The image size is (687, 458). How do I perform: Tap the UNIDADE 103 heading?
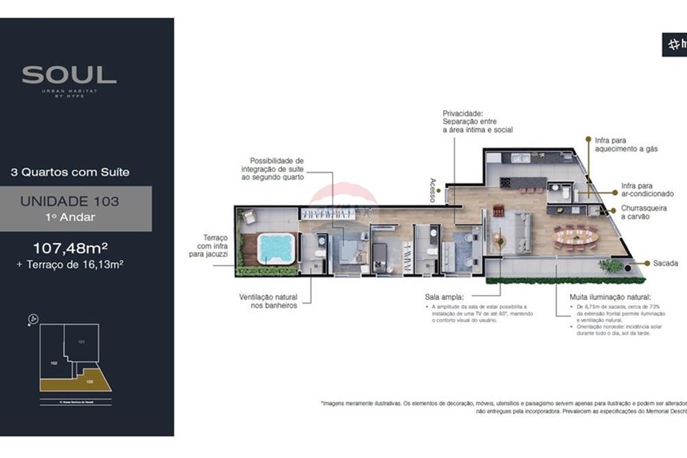(69, 201)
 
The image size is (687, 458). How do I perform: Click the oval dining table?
(576, 238)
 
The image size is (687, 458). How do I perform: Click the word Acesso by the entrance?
(433, 190)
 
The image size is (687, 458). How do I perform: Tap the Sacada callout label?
(666, 263)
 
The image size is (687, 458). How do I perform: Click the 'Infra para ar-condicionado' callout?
(647, 190)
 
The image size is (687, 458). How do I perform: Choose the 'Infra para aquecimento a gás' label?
(627, 144)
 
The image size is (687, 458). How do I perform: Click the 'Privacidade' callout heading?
(462, 113)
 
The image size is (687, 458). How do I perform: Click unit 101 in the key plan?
(81, 341)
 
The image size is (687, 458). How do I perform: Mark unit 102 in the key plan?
(53, 362)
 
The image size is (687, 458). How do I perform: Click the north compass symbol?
(33, 319)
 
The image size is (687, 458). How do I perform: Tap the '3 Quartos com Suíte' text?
(70, 172)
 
